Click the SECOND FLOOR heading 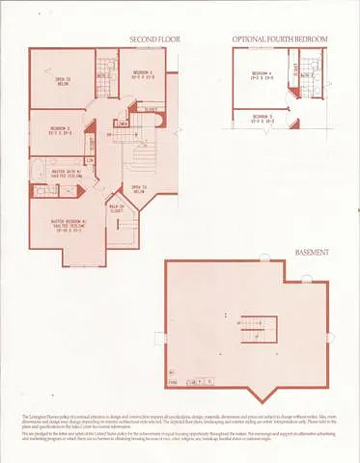154,40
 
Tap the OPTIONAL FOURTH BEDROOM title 280,40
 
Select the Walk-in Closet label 116,209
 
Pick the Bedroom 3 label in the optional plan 263,121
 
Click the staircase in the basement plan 258,331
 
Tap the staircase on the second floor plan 142,154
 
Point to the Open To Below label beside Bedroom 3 62,81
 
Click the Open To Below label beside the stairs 138,189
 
